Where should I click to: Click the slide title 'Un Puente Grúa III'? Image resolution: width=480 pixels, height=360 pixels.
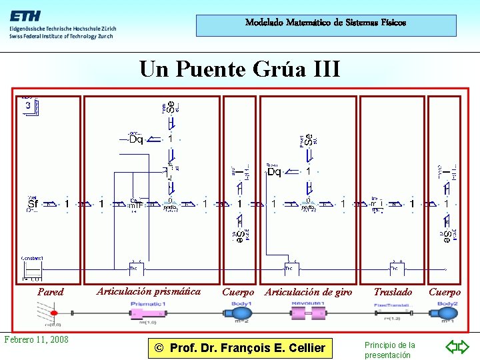(x=239, y=69)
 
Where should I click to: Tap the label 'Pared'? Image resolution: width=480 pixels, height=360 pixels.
(x=51, y=292)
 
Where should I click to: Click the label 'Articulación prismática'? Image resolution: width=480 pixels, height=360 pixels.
(x=149, y=291)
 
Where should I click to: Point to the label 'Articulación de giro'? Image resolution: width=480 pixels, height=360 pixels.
(x=309, y=292)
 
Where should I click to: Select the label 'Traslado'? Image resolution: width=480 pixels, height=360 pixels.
(x=393, y=292)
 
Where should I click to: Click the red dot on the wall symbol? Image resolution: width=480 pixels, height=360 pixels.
(x=53, y=311)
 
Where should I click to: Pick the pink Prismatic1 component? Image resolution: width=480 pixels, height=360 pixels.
(x=149, y=312)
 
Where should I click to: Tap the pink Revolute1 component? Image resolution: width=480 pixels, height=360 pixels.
(x=307, y=312)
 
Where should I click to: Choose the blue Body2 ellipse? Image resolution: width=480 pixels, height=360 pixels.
(x=447, y=312)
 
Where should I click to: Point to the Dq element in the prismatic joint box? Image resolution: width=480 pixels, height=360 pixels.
(x=136, y=139)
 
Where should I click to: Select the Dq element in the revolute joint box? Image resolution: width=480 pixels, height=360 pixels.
(x=274, y=172)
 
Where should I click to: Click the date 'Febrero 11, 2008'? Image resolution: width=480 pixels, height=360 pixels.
(x=36, y=339)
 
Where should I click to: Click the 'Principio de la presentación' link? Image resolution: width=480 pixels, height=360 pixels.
(x=389, y=350)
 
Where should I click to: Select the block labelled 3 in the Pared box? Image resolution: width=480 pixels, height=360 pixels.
(x=29, y=106)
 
